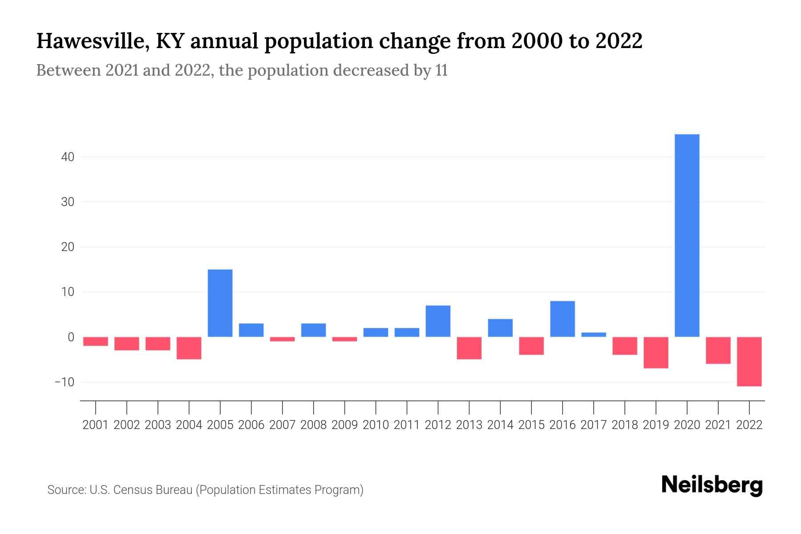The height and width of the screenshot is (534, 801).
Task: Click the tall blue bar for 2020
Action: (x=687, y=235)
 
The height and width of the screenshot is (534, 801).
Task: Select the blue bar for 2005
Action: (x=220, y=303)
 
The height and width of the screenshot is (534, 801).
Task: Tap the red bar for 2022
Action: (x=749, y=361)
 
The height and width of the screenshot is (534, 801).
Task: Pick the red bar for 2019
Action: (x=655, y=352)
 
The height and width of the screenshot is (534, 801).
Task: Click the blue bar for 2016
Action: (x=562, y=319)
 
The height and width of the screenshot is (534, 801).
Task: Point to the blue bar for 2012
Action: (x=438, y=321)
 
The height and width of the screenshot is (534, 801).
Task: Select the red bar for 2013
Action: (x=469, y=348)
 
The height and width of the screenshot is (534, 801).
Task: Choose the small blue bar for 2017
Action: (x=593, y=335)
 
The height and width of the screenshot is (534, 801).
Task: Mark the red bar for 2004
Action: (x=189, y=348)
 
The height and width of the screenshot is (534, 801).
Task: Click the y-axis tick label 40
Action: (x=68, y=157)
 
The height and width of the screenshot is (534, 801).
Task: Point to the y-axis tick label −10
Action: (x=64, y=382)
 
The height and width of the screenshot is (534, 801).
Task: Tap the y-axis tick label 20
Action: (x=68, y=247)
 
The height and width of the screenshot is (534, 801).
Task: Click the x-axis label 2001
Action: (x=96, y=425)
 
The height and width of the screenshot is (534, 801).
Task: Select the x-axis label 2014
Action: (x=500, y=425)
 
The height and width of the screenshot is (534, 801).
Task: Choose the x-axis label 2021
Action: (x=718, y=425)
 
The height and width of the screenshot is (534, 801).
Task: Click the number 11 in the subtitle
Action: (x=441, y=70)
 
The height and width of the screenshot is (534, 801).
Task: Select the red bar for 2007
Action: (x=282, y=339)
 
